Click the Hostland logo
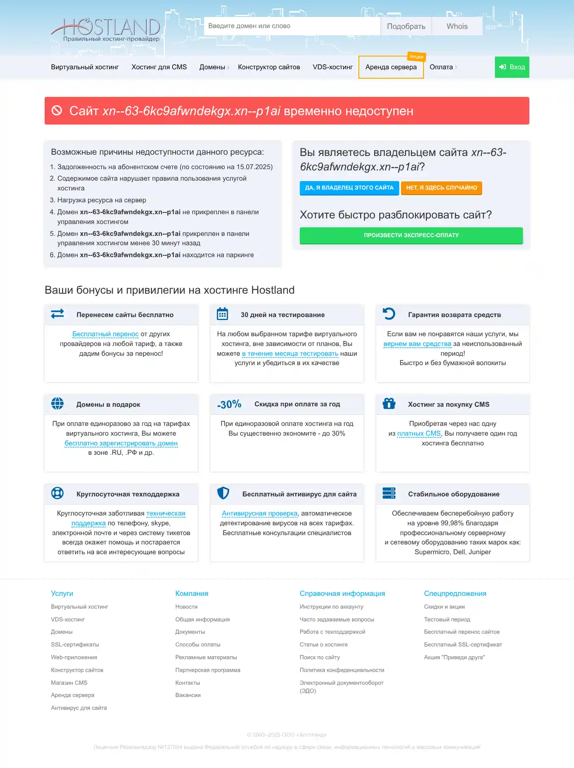(x=105, y=29)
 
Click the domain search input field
(x=292, y=26)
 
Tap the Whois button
(x=457, y=26)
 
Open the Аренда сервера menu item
(x=391, y=67)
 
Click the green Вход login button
(x=512, y=67)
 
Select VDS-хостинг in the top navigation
(x=332, y=67)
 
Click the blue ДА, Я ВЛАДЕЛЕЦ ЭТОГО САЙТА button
(x=349, y=188)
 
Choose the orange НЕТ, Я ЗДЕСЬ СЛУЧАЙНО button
(x=441, y=188)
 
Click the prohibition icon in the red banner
(x=57, y=111)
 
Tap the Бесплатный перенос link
(x=105, y=334)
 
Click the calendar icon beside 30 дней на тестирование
(x=222, y=314)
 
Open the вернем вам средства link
(x=417, y=344)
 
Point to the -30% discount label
(x=229, y=404)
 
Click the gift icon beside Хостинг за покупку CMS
(x=389, y=404)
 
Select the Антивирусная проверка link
(x=260, y=513)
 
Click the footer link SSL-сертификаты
(x=75, y=645)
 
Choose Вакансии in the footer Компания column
(x=188, y=695)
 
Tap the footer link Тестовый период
(x=447, y=620)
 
